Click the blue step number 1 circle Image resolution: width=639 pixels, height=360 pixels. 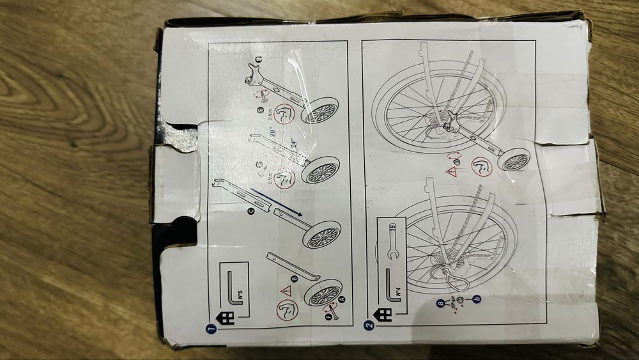(211, 329)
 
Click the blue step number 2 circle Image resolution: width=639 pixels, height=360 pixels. (369, 325)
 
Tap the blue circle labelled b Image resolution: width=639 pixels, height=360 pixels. (476, 298)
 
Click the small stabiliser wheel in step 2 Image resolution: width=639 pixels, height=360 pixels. (516, 160)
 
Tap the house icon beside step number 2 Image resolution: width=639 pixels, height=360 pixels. (384, 315)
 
